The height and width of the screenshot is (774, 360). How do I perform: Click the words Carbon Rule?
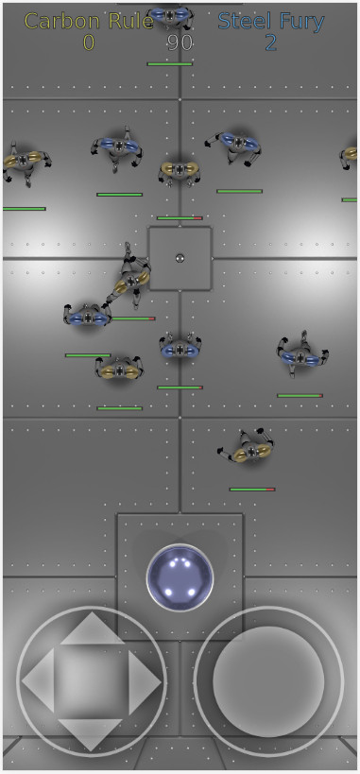pos(89,21)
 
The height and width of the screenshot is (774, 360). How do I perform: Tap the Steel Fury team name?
pos(271,21)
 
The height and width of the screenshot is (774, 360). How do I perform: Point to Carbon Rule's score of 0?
pos(89,43)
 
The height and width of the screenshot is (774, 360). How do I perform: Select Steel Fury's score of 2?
pos(270,43)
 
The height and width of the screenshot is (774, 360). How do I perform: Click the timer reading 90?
pos(180,43)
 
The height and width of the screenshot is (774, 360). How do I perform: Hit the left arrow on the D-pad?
pos(38,680)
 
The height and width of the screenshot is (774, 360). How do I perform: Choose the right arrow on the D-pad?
pos(145,682)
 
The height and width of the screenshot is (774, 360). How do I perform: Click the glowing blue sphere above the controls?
pos(180,577)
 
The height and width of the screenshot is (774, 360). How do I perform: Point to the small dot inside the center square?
pos(180,258)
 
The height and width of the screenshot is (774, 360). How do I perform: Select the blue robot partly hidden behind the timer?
pos(170,16)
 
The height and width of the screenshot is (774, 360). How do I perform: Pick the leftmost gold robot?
pos(25,162)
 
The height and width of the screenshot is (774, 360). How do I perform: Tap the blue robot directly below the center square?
pos(180,348)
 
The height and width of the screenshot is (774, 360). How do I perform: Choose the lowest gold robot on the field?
pos(249,448)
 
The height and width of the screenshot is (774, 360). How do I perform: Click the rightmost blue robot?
pos(301,354)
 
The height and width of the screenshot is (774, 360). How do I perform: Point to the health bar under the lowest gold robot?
pos(252,490)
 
